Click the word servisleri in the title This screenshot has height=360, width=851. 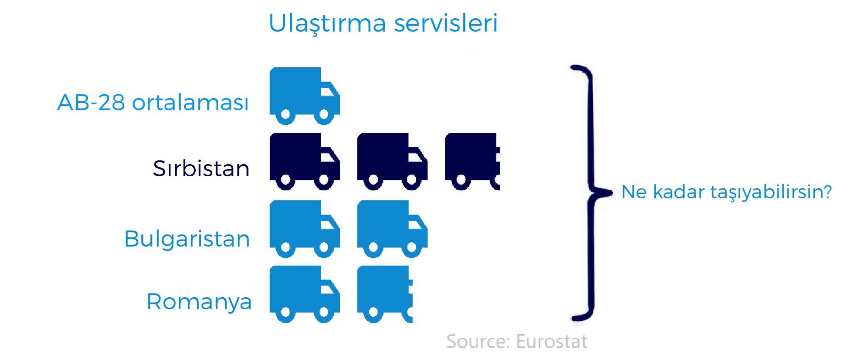446,23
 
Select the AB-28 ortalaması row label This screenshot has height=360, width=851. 153,102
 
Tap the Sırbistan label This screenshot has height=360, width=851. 201,168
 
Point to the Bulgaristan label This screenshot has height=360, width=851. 187,239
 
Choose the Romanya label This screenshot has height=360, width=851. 199,302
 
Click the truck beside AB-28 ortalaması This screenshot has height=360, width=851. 305,96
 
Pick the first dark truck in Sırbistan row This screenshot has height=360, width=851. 305,162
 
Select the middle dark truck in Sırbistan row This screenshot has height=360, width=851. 392,162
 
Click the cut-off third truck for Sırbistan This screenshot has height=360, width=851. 472,162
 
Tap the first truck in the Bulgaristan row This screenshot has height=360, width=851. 305,229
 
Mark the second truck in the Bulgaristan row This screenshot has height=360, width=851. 392,229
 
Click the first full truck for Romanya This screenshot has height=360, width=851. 305,294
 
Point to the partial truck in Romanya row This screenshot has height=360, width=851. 385,294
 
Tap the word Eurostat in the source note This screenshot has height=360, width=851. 551,342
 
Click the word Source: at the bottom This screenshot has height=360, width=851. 478,342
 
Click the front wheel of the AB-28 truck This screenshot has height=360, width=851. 324,114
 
